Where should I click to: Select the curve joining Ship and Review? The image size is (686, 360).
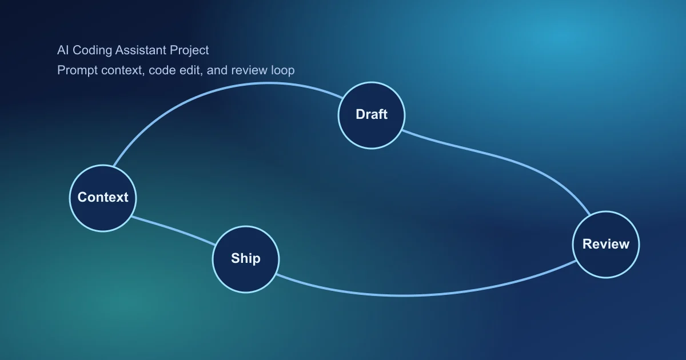[412, 295]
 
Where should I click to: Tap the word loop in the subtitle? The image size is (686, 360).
[283, 71]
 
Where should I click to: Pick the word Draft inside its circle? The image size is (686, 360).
[372, 114]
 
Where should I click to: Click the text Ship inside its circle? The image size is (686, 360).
[246, 258]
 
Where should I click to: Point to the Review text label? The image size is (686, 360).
[606, 244]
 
